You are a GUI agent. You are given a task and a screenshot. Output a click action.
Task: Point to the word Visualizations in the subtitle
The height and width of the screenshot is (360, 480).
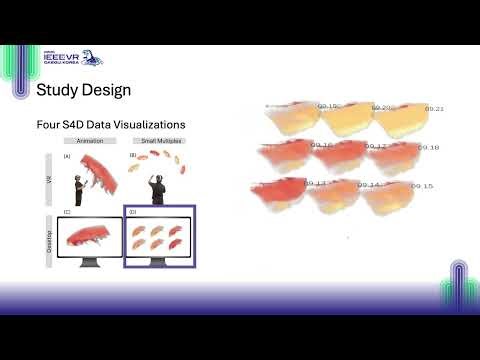[x=155, y=125]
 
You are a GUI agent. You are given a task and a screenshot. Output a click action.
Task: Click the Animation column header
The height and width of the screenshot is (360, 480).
[x=90, y=143]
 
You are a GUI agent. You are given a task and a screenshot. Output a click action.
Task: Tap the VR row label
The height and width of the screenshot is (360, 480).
[x=49, y=176]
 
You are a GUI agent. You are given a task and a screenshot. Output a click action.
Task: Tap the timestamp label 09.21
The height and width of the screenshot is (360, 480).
[x=434, y=108]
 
